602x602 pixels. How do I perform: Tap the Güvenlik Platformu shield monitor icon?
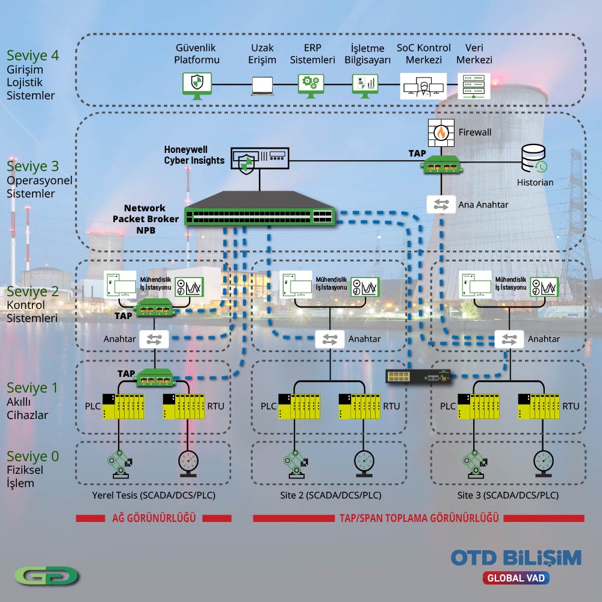pyautogui.click(x=197, y=85)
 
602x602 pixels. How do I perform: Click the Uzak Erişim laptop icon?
pyautogui.click(x=262, y=85)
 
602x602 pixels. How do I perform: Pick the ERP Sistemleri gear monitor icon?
pyautogui.click(x=312, y=85)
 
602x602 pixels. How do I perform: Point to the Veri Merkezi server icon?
pyautogui.click(x=474, y=85)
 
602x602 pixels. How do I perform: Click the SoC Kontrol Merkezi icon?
pyautogui.click(x=423, y=86)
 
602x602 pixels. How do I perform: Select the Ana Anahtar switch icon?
pyautogui.click(x=441, y=205)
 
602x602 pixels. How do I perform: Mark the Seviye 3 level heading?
pyautogui.click(x=33, y=166)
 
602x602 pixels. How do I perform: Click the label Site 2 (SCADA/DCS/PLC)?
pyautogui.click(x=330, y=495)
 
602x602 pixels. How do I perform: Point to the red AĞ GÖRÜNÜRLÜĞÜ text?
pyautogui.click(x=154, y=518)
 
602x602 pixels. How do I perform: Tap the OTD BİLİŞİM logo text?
pyautogui.click(x=516, y=557)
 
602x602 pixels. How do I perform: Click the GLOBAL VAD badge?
pyautogui.click(x=516, y=578)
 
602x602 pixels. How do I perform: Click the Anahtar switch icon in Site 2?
pyautogui.click(x=330, y=339)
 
